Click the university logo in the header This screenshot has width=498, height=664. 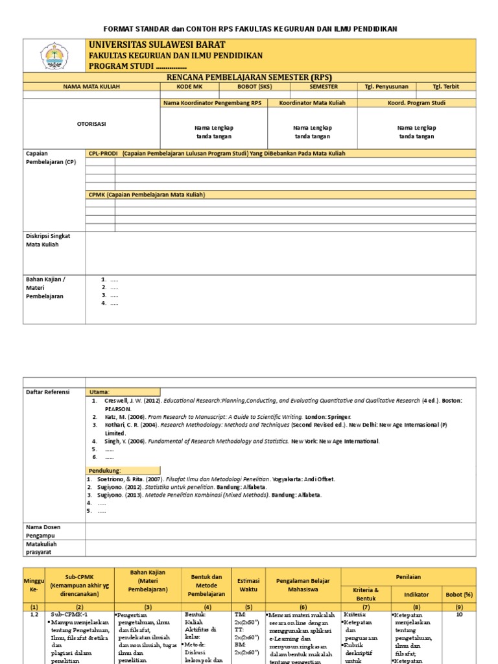[x=55, y=56]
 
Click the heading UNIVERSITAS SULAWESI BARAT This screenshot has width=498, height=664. [x=157, y=45]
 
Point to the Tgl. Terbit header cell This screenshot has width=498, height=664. [x=445, y=86]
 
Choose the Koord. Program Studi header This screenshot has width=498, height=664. [x=416, y=102]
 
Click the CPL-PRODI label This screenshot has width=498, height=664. [x=103, y=153]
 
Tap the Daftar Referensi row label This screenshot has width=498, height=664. [x=47, y=392]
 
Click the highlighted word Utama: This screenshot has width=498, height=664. [x=100, y=392]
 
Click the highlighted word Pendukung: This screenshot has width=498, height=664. [x=104, y=470]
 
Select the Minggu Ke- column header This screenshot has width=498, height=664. [x=32, y=582]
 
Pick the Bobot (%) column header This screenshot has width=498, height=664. [x=459, y=593]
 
